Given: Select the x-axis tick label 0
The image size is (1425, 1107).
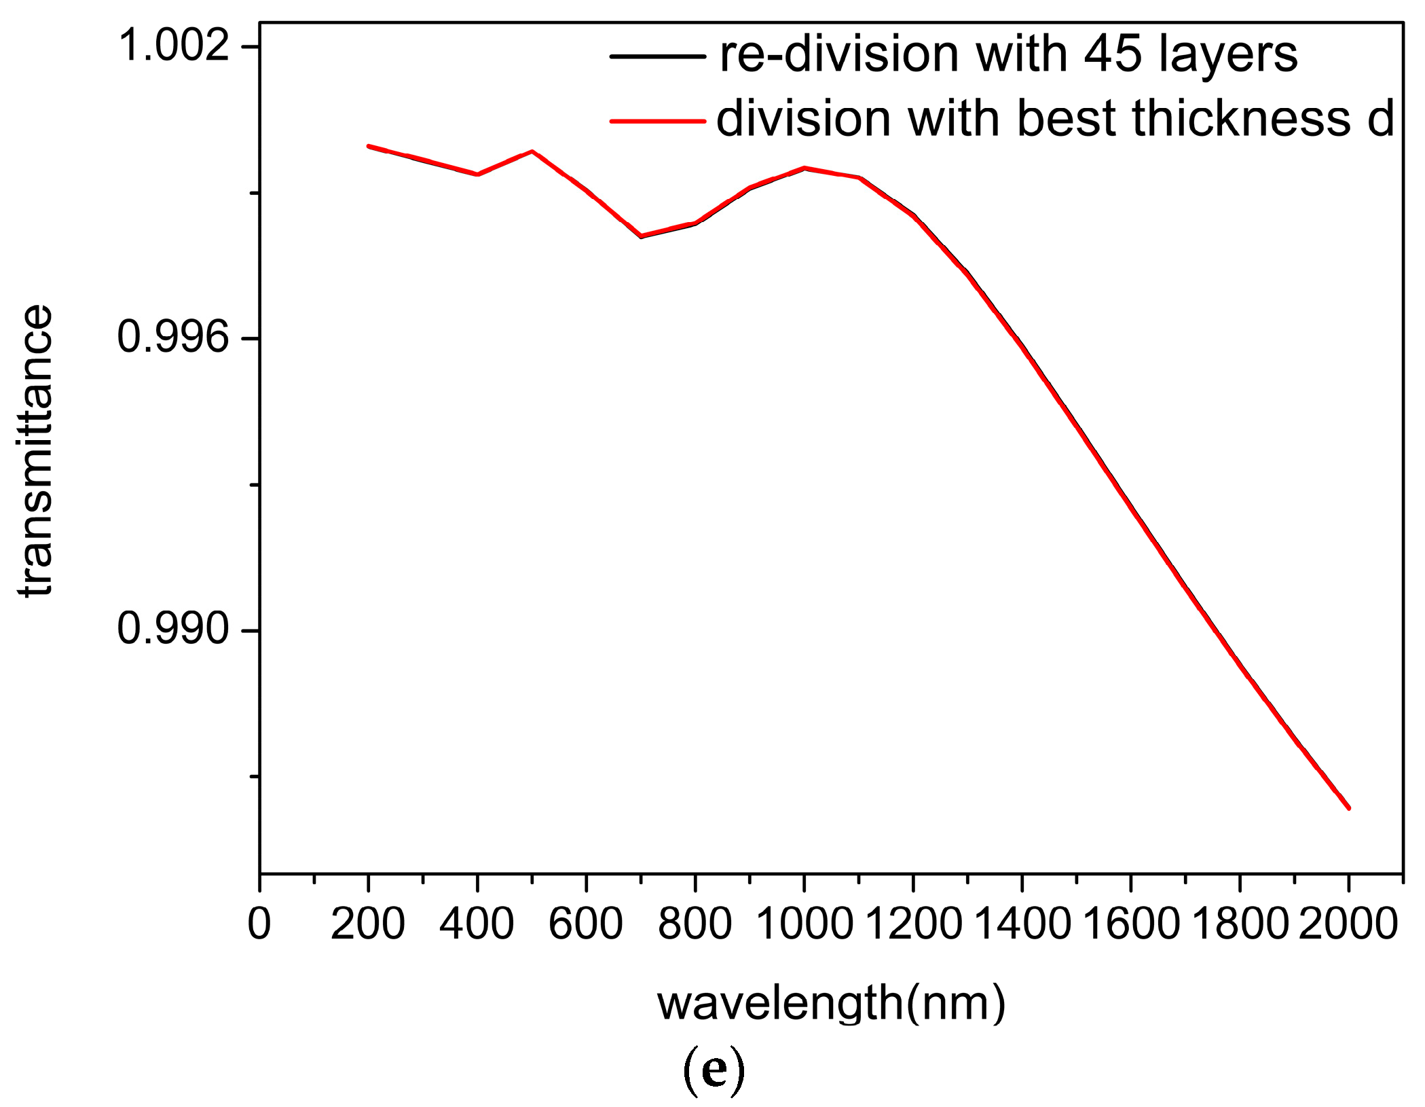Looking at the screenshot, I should click(259, 924).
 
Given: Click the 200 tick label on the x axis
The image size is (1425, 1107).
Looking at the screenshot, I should click(368, 924).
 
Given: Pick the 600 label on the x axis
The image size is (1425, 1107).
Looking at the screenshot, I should click(585, 924).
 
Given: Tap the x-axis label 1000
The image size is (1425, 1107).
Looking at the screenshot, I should click(804, 924).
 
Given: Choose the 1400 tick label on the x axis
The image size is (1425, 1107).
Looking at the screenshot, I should click(1022, 924).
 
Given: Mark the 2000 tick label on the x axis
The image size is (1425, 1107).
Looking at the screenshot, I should click(1348, 924).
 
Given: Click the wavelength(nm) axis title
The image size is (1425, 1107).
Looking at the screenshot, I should click(831, 1004).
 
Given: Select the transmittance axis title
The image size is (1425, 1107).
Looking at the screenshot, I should click(35, 451).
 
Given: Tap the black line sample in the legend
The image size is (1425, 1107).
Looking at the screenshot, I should click(657, 56).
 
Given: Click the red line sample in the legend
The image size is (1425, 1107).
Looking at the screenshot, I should click(657, 122).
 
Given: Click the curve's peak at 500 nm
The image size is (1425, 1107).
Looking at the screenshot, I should click(532, 151).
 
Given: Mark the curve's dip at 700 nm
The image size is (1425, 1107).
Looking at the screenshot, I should click(641, 236).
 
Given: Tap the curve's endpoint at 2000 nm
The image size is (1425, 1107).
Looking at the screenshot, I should click(1348, 808).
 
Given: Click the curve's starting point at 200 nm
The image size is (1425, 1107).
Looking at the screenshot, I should click(369, 146).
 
